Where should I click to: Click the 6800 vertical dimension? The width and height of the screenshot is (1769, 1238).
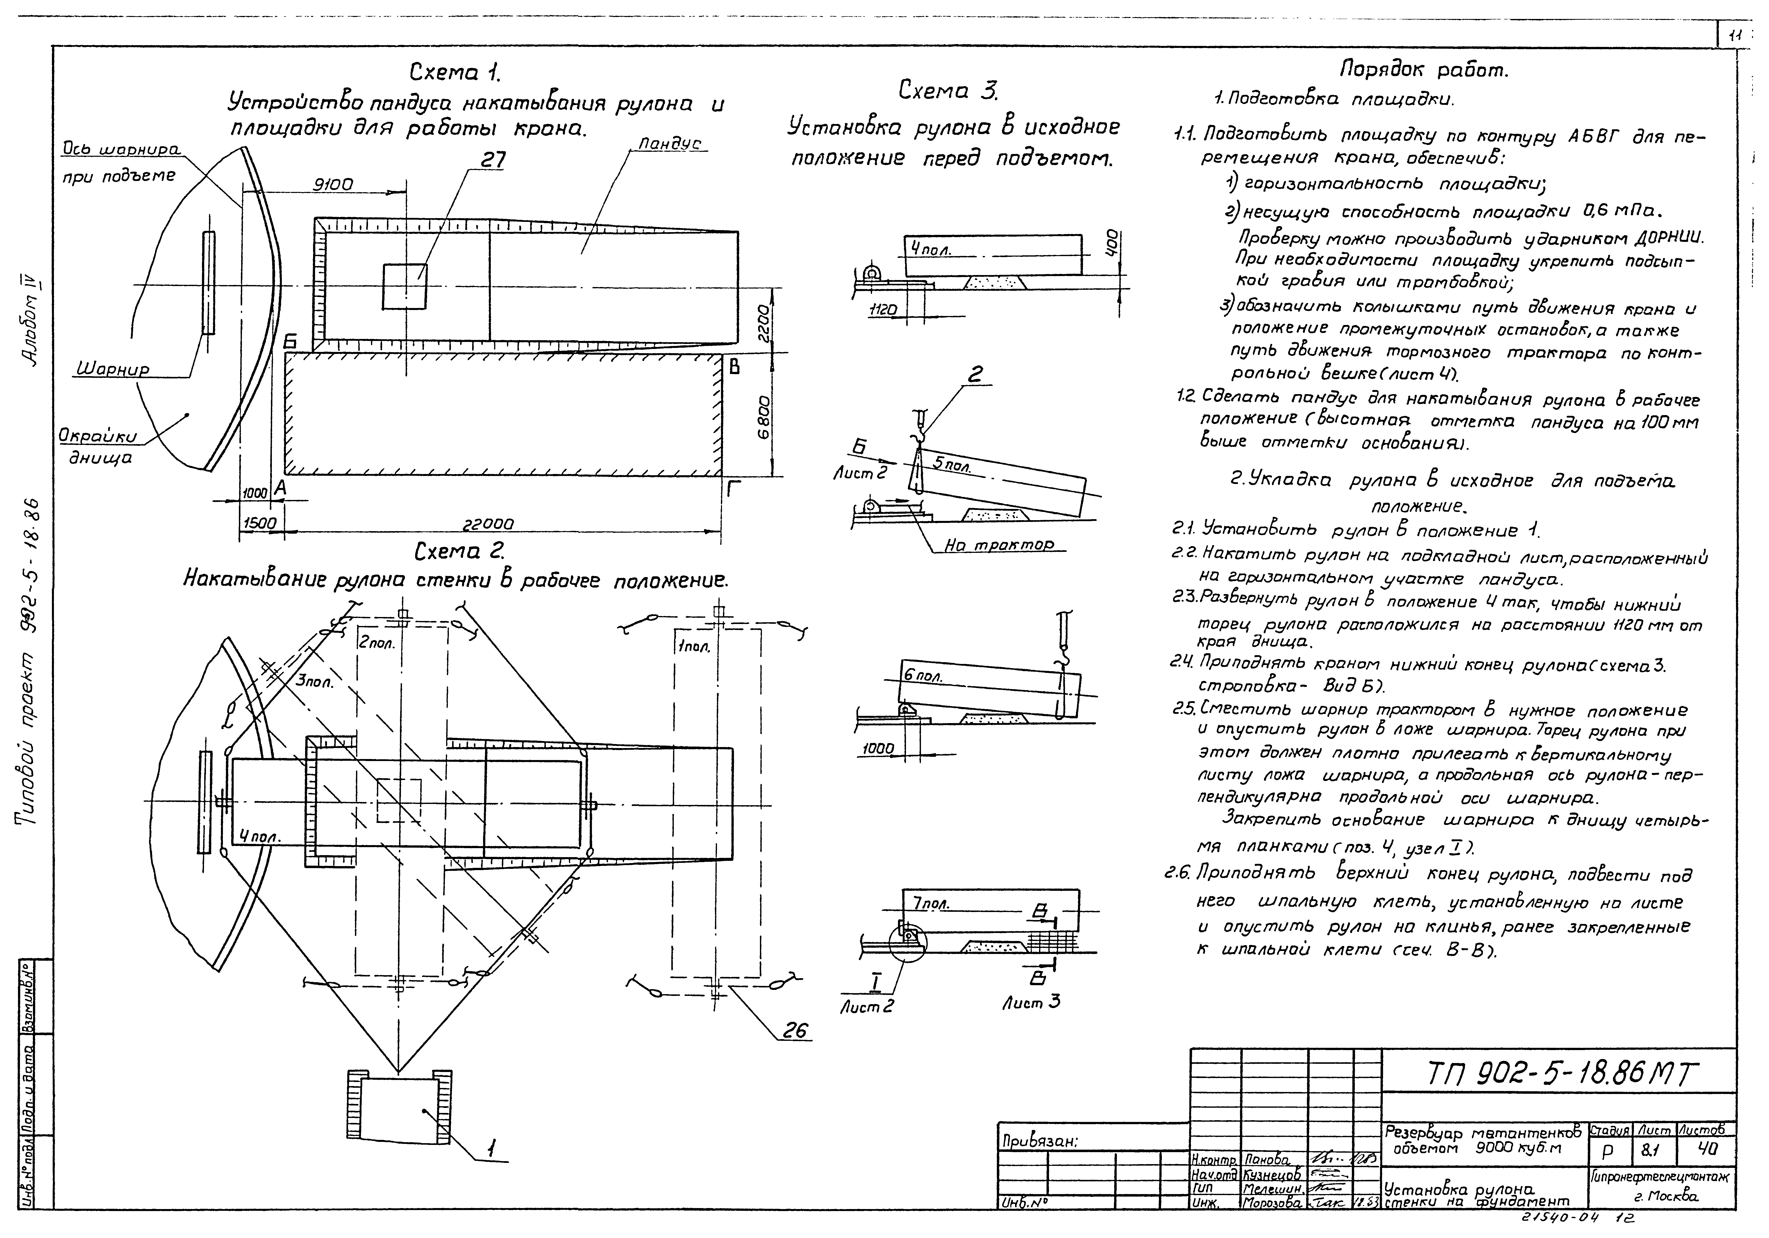763,418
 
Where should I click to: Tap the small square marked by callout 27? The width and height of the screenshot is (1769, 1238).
404,286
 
